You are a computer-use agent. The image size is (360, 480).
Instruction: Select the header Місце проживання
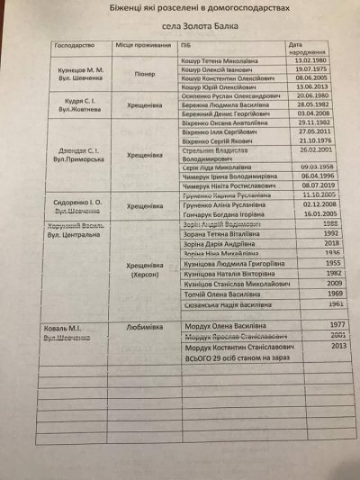(x=139, y=43)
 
